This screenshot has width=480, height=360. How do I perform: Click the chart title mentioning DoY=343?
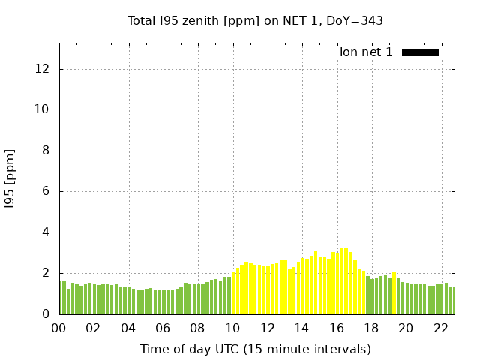point(255,20)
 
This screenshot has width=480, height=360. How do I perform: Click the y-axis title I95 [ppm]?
point(10,178)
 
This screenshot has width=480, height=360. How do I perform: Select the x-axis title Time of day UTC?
point(255,349)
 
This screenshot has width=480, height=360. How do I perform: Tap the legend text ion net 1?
point(366,52)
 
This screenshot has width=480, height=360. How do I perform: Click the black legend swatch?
point(420,52)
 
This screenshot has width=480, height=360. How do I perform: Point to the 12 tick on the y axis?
point(43,69)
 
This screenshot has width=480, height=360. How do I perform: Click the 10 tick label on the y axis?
point(43,109)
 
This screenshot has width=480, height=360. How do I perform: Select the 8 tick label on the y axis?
point(46,151)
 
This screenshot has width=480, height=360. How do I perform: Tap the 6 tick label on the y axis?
point(46,191)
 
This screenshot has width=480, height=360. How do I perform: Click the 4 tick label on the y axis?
point(46,232)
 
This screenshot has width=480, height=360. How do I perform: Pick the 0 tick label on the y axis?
point(46,313)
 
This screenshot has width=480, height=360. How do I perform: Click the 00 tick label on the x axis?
point(59,328)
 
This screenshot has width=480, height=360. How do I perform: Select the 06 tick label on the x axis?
point(163,328)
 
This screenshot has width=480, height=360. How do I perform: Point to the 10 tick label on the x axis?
point(232,328)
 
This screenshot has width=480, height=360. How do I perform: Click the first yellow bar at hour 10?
point(234,292)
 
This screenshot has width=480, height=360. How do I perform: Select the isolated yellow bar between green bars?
point(394,292)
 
